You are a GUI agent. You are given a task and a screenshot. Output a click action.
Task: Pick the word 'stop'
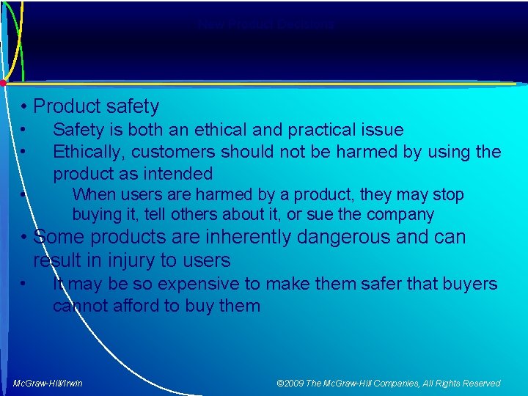coord(447,195)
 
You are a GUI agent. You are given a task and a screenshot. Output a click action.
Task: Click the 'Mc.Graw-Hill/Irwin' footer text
coord(48,383)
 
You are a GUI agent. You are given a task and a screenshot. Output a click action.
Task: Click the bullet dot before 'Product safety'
coord(25,107)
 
